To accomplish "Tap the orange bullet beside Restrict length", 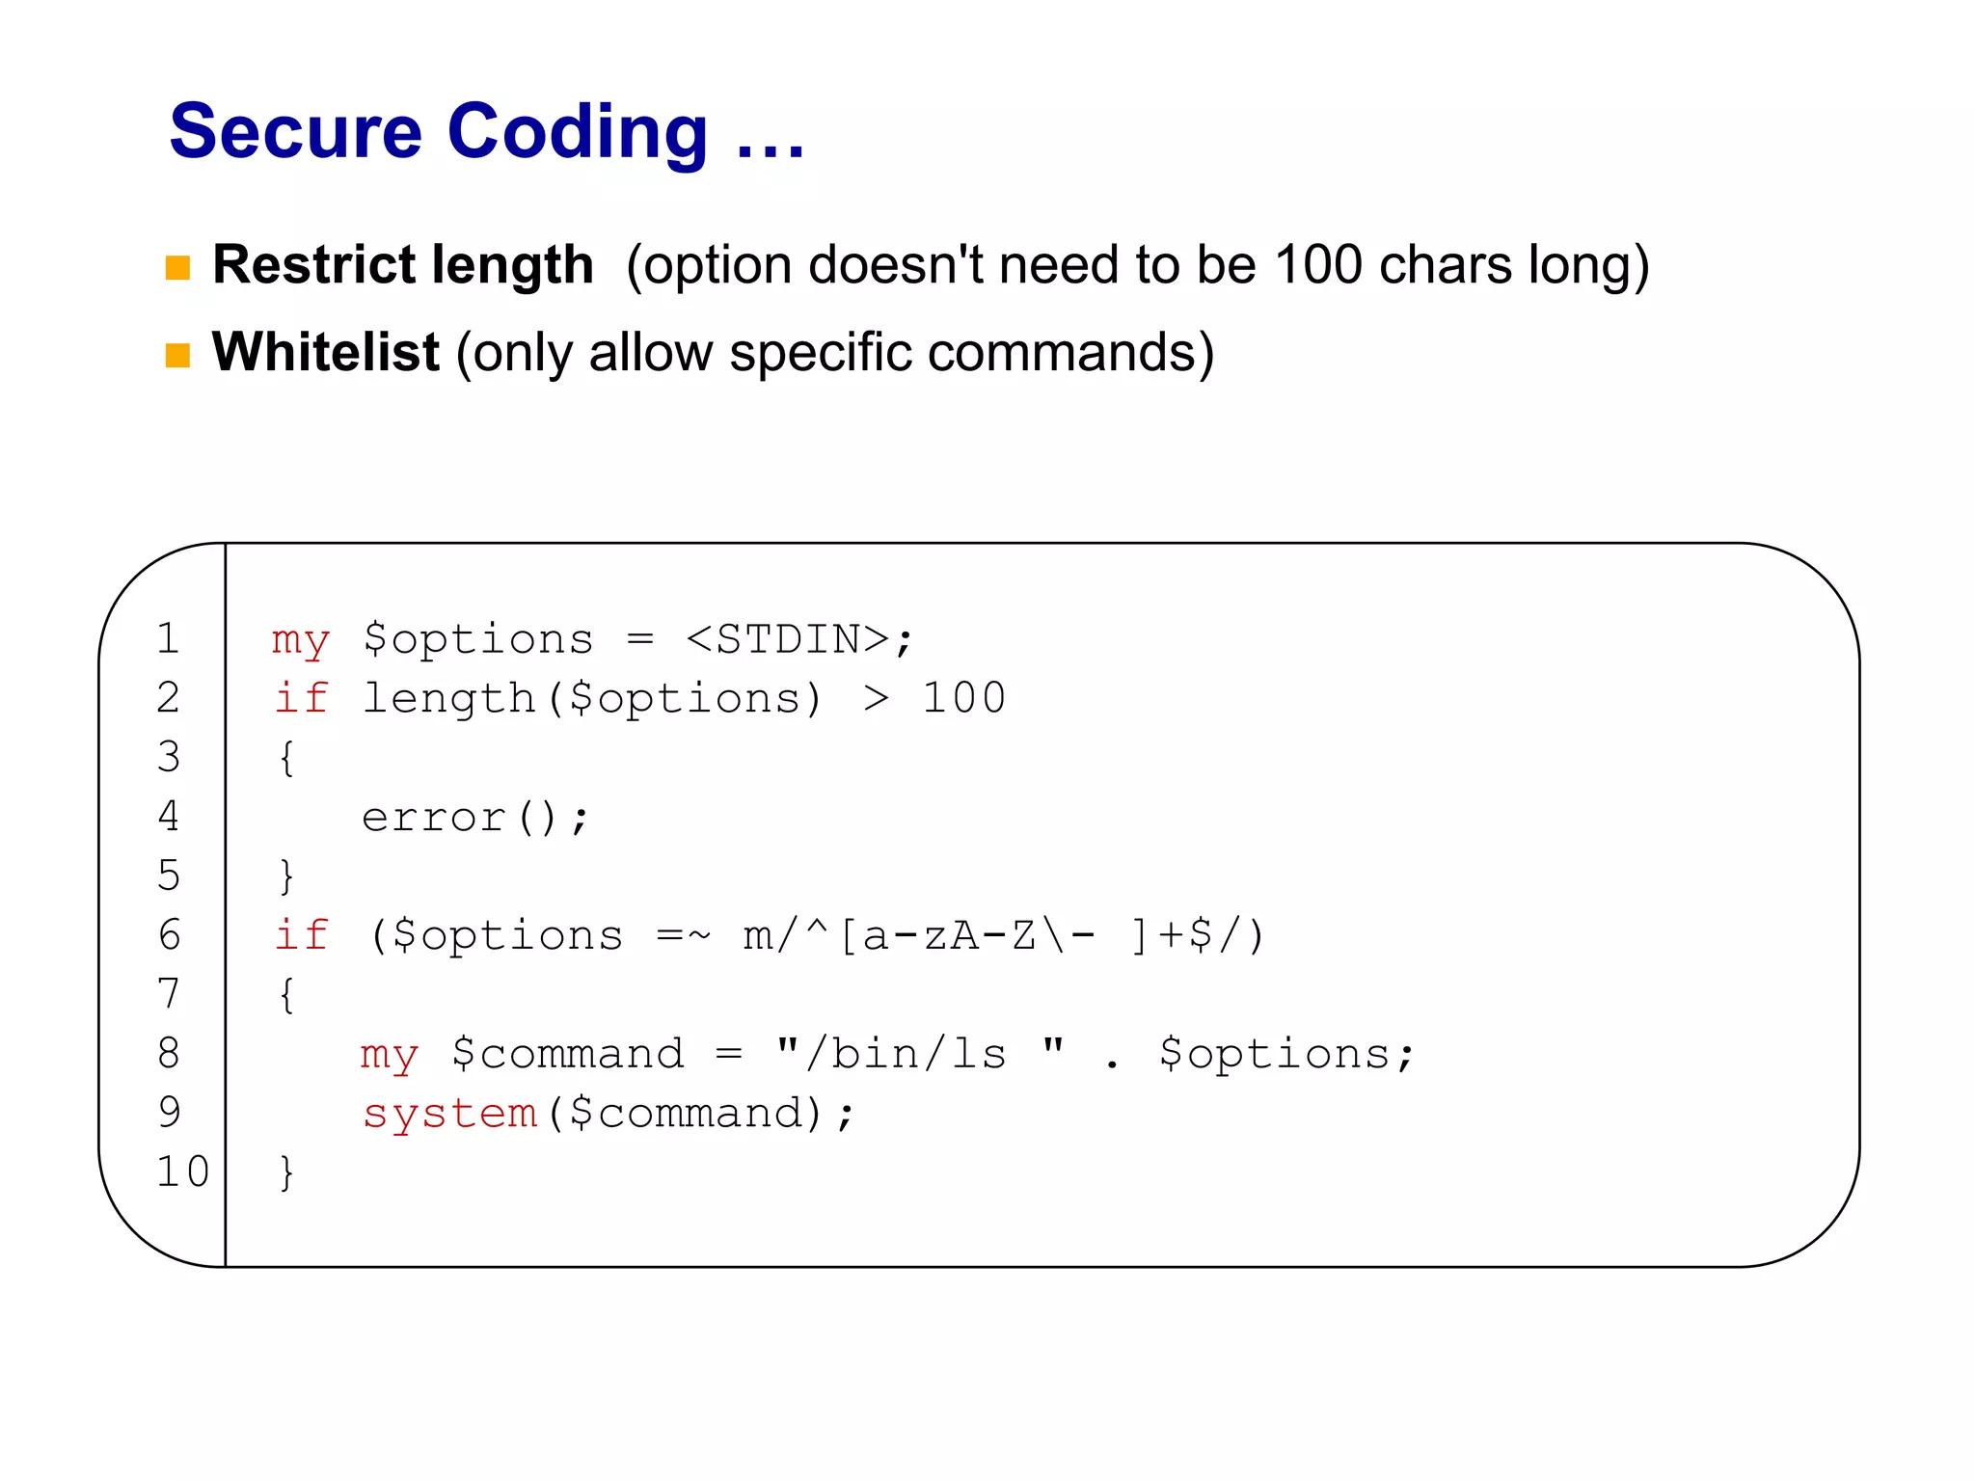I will pos(177,267).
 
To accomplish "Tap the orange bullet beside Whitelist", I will pos(177,355).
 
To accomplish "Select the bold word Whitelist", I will pos(325,352).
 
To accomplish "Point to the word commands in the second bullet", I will pos(1058,352).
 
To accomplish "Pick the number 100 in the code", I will pos(963,698).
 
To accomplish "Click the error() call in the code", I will pos(473,818).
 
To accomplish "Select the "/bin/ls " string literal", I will pos(920,1054).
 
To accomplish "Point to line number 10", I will pos(182,1171).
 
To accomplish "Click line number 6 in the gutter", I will pos(169,935).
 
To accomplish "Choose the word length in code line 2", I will pos(448,698).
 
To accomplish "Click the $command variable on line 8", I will pos(568,1054).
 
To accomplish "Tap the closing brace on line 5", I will pos(286,876).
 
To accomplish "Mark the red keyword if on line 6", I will pos(302,935).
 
